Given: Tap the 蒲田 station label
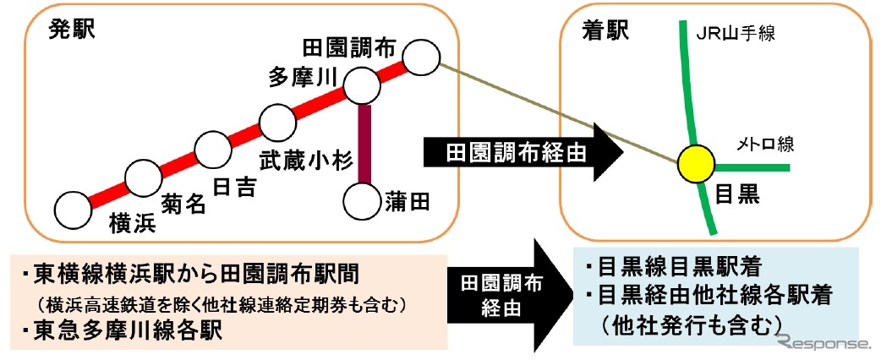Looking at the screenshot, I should tap(409, 201).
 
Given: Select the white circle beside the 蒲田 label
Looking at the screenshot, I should tap(364, 200).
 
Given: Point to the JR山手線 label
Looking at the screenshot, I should tap(735, 34).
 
